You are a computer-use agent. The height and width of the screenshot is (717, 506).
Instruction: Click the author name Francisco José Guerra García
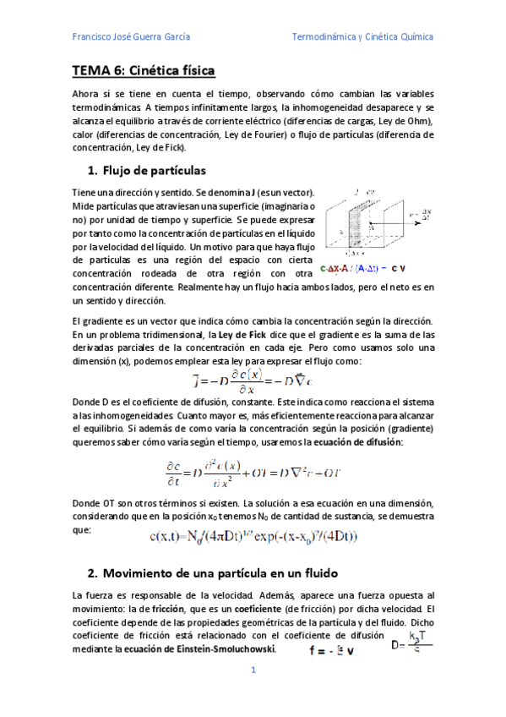[x=131, y=37]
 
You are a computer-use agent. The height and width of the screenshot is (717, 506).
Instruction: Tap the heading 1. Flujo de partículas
[x=146, y=170]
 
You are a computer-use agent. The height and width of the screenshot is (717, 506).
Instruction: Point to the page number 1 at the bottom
[x=253, y=670]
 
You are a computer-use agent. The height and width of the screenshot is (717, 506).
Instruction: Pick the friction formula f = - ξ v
[x=331, y=650]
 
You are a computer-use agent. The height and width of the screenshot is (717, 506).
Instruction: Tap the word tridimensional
[x=150, y=336]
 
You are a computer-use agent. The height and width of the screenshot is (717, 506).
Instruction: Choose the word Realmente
[x=236, y=288]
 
